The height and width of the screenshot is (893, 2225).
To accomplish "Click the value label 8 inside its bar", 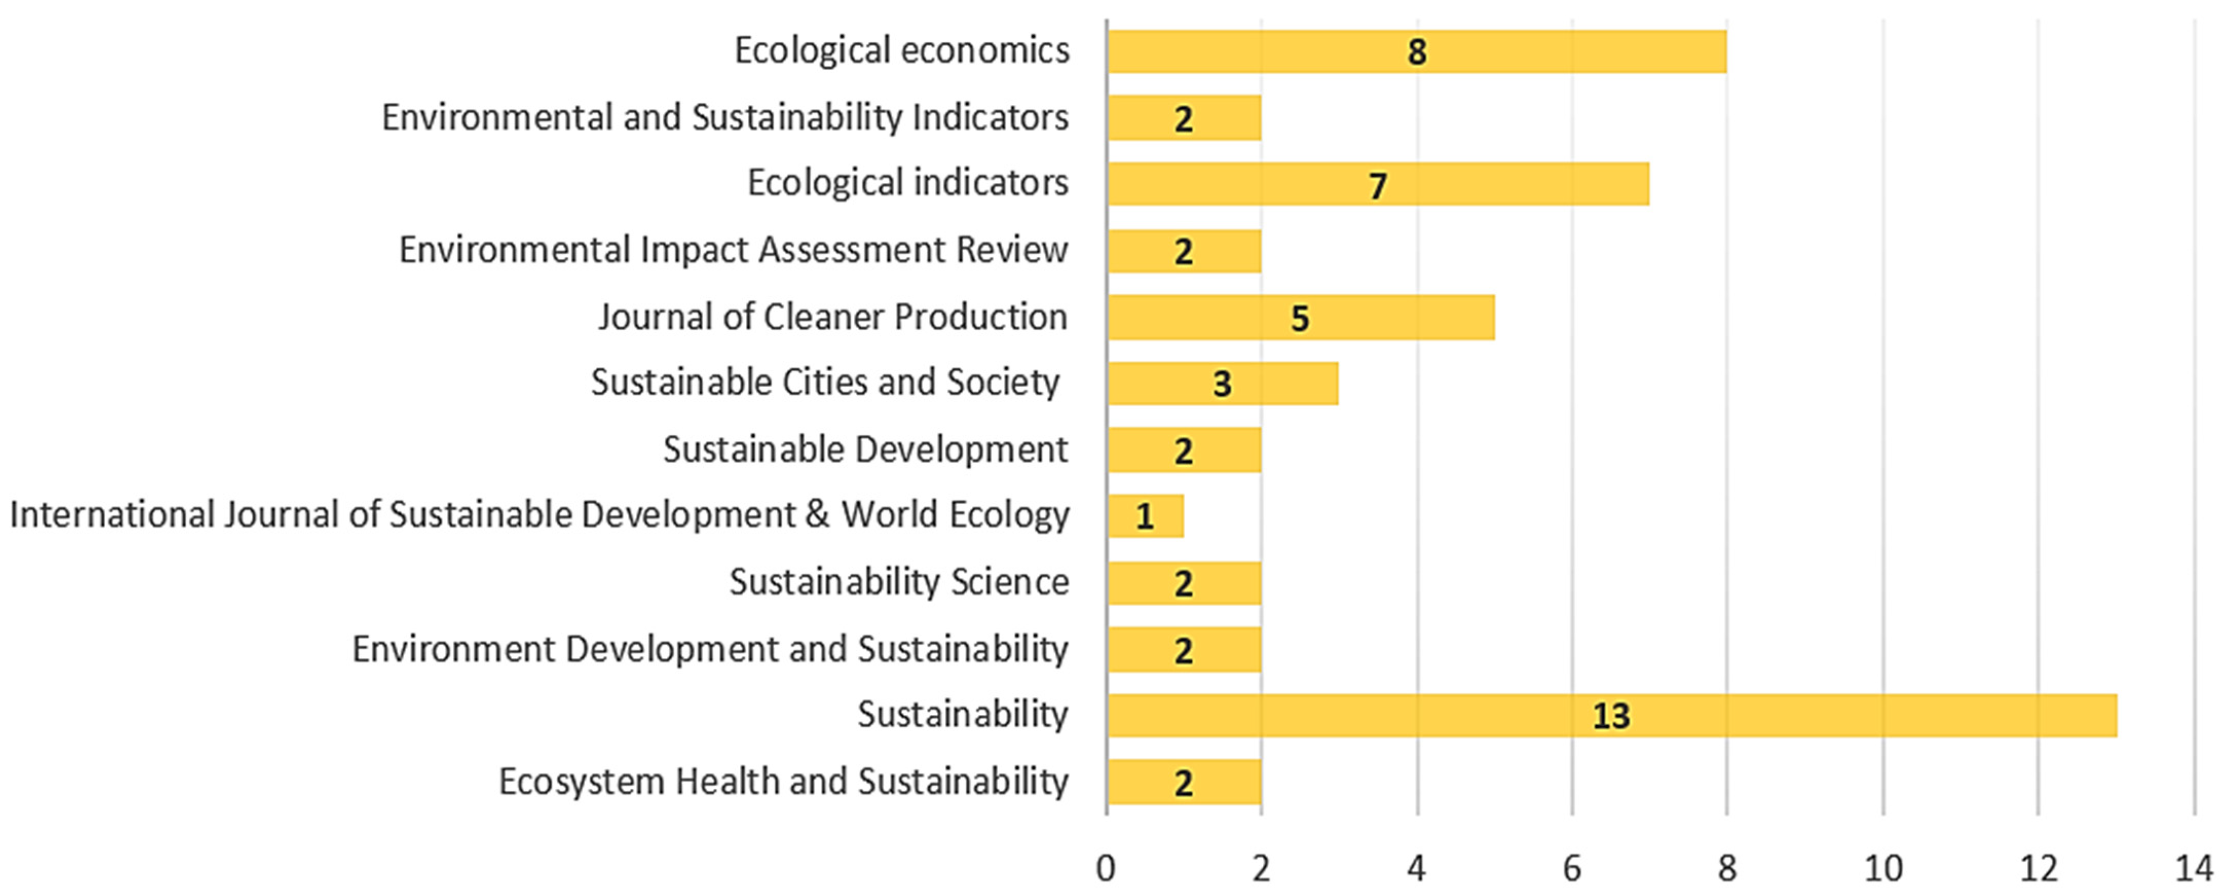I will click(x=1416, y=52).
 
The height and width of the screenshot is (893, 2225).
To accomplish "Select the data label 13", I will click(x=1611, y=716).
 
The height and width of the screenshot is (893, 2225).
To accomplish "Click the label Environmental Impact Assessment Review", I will click(x=733, y=250).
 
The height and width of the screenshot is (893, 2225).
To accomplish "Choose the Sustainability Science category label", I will click(x=899, y=582).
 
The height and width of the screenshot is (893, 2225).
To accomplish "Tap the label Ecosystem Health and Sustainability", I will click(x=783, y=782).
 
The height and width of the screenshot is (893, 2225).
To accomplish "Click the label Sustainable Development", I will click(x=866, y=450).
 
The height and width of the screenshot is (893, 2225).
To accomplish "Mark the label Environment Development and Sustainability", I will click(x=710, y=649).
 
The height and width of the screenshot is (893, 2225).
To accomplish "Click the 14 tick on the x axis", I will click(x=2194, y=868).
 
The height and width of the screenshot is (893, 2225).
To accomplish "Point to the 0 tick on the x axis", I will click(x=1107, y=868).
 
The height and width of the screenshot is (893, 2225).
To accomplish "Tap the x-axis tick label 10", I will click(x=1883, y=868).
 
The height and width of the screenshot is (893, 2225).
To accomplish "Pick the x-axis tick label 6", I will click(x=1572, y=868).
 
